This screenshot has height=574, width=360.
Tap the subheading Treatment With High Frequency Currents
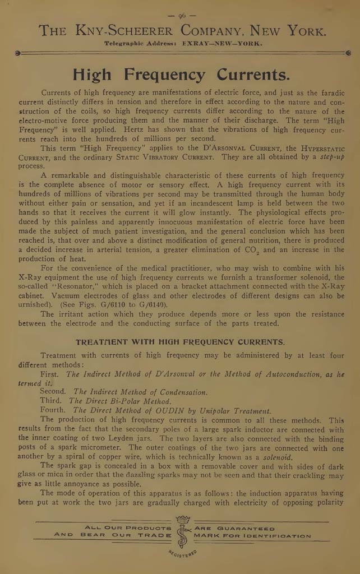click(x=180, y=341)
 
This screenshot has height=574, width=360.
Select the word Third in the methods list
click(x=51, y=401)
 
